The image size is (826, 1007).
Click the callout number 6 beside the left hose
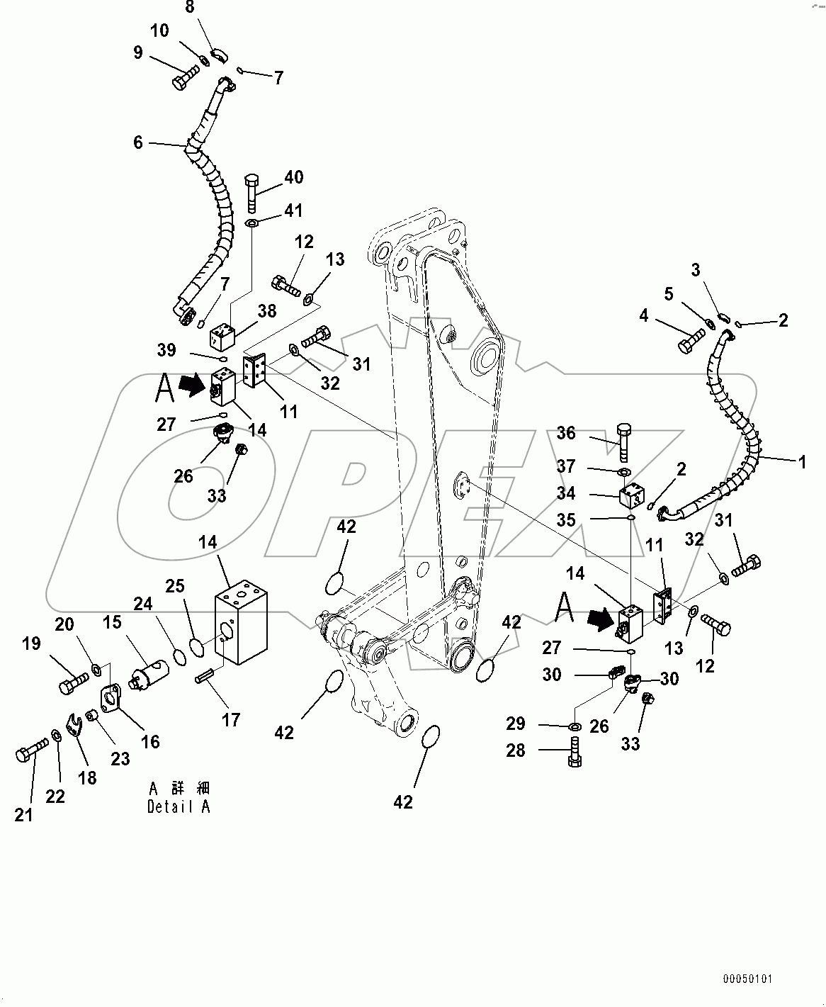137,142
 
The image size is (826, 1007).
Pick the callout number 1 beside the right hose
802,462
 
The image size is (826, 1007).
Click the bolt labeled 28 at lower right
575,752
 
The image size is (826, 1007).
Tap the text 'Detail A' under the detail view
179,806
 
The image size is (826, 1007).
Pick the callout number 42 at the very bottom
403,801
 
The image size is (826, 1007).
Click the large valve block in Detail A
241,620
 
